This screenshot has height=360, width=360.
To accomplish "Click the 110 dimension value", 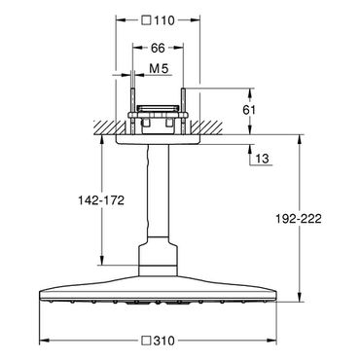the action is [164, 20].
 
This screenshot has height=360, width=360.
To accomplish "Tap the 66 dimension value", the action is [158, 49].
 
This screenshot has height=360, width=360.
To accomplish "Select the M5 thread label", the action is [159, 68].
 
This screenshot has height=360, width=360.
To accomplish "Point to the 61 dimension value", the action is [249, 110].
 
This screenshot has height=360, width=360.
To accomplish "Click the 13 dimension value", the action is [262, 159].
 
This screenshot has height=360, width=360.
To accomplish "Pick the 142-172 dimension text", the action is [101, 200].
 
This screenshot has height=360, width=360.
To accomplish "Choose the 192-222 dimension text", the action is [299, 219].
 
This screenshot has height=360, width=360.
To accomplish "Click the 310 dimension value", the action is [163, 341].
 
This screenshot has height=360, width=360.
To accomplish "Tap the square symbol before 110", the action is [147, 20].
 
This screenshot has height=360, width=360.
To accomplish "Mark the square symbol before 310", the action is [147, 341].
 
